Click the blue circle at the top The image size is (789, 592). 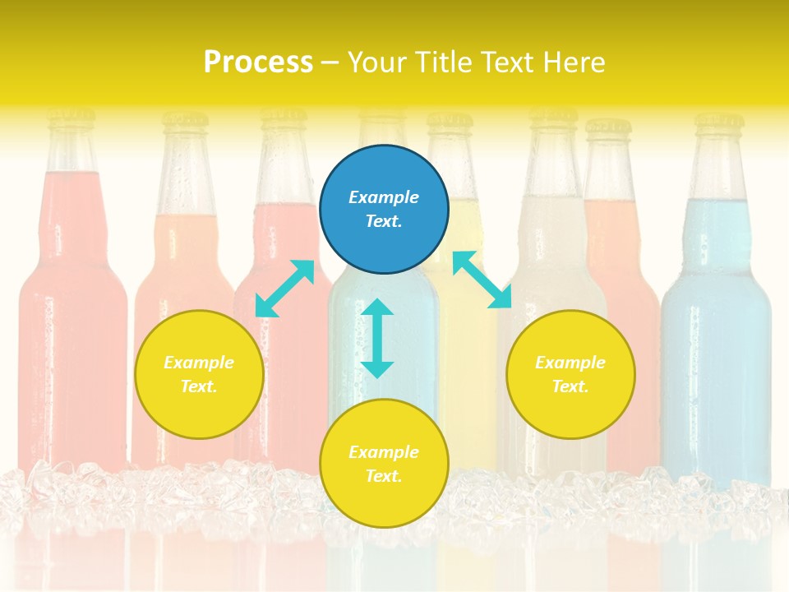384,210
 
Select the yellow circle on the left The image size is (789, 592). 199,374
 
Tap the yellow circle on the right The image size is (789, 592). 570,374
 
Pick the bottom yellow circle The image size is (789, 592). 384,464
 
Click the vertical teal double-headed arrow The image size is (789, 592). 377,338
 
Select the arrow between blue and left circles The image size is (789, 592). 284,288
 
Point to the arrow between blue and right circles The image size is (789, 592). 482,280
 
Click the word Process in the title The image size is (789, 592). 258,62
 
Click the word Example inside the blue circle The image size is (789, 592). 384,197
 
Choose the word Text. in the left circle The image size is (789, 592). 199,386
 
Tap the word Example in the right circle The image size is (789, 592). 570,363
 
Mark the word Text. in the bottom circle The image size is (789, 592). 384,476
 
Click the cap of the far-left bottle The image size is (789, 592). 71,120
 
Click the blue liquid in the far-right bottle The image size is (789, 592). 717,345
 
